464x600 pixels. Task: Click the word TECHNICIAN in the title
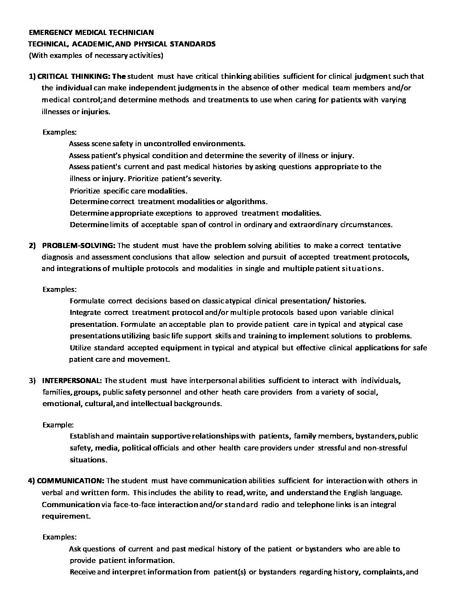point(134,32)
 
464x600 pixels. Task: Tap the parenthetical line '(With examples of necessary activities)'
point(96,55)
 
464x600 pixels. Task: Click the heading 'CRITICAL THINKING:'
point(76,77)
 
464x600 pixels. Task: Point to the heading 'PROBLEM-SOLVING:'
point(78,245)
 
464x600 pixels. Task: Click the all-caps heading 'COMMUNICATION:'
point(71,481)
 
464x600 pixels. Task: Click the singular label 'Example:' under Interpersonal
point(58,425)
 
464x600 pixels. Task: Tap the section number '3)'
point(32,380)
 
